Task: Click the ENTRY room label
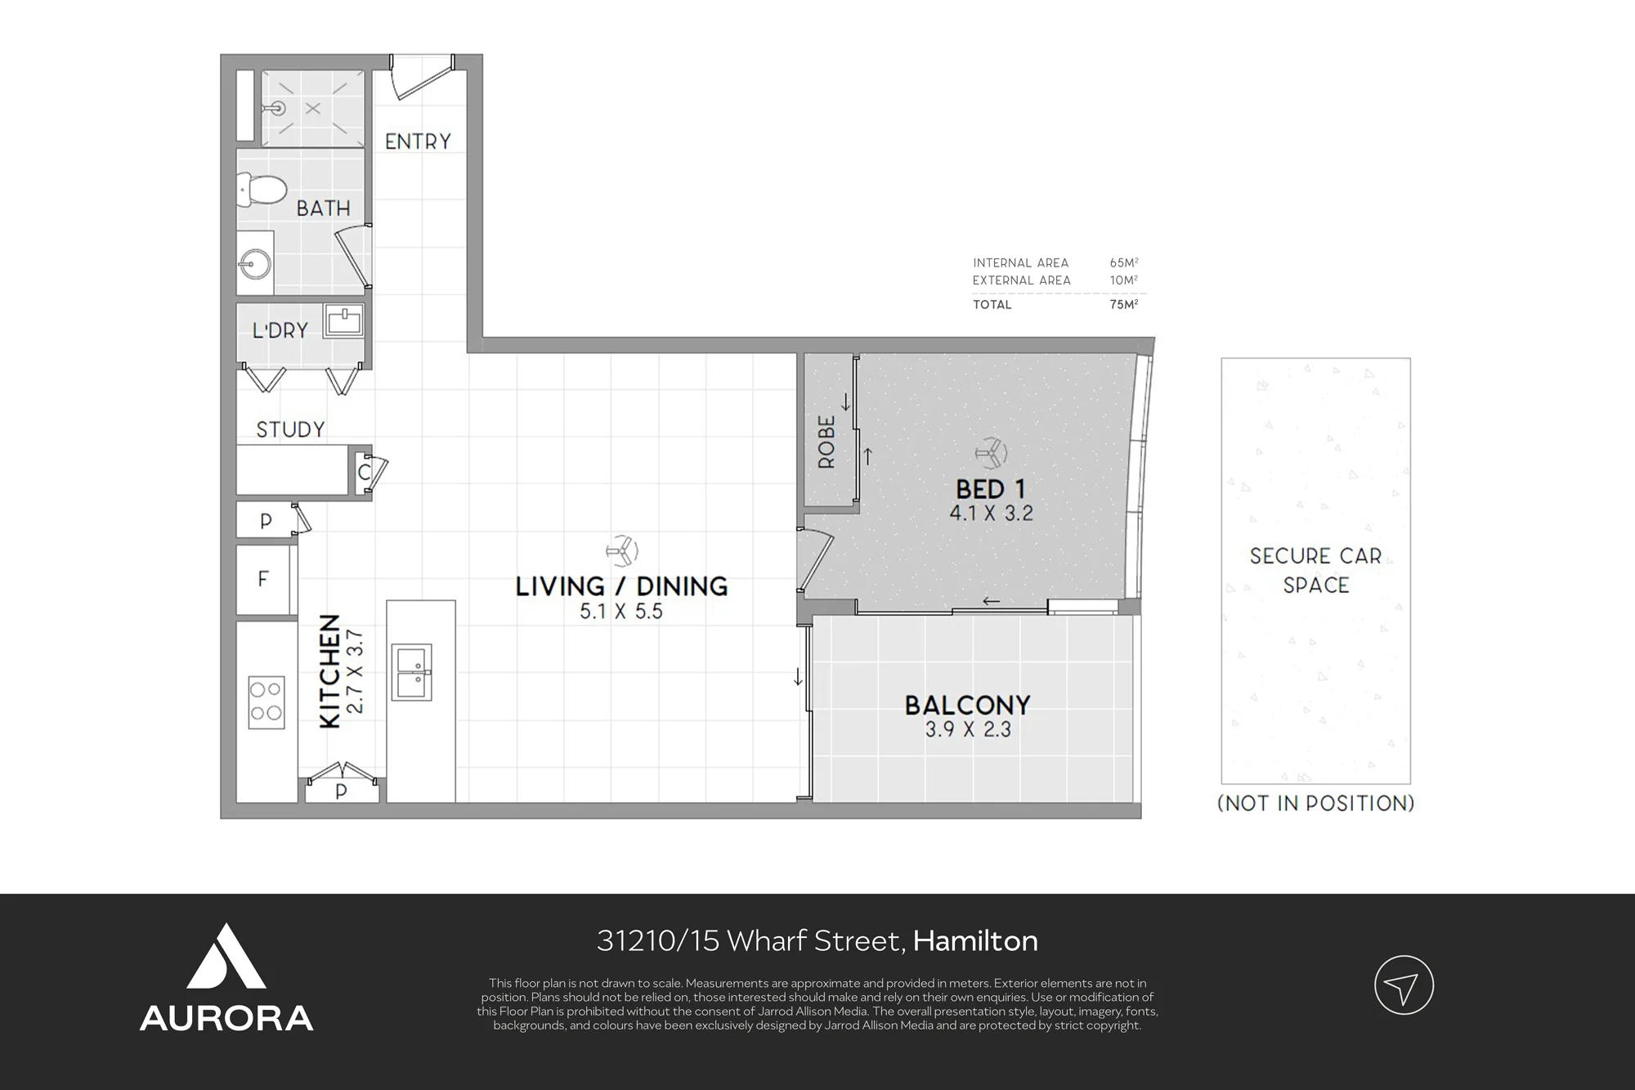coord(418,141)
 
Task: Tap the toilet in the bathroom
coord(261,190)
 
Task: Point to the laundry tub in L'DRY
coord(344,320)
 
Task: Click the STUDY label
coord(290,429)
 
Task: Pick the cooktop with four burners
coord(267,702)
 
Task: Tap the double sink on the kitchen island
coord(411,672)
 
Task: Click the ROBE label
coord(826,442)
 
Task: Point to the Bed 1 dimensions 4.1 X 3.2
coord(991,514)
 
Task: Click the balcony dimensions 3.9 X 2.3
coord(968,729)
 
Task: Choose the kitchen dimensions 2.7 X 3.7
coord(355,671)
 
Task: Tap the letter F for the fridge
coord(262,579)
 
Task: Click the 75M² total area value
coord(1124,304)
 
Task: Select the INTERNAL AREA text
coord(1020,263)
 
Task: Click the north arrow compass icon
coord(1404,985)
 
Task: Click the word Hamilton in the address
coord(975,941)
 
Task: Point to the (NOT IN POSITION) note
coord(1316,803)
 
